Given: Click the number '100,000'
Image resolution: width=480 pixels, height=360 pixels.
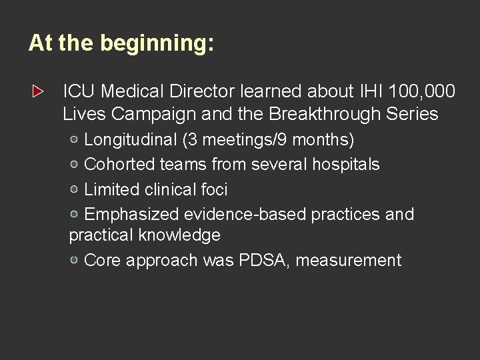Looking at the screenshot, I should click(412, 89).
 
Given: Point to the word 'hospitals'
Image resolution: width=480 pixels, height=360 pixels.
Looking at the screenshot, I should click(345, 165).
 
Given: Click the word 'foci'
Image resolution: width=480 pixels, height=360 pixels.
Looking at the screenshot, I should click(214, 189).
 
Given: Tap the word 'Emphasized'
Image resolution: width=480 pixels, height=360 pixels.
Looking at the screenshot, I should click(131, 214).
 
